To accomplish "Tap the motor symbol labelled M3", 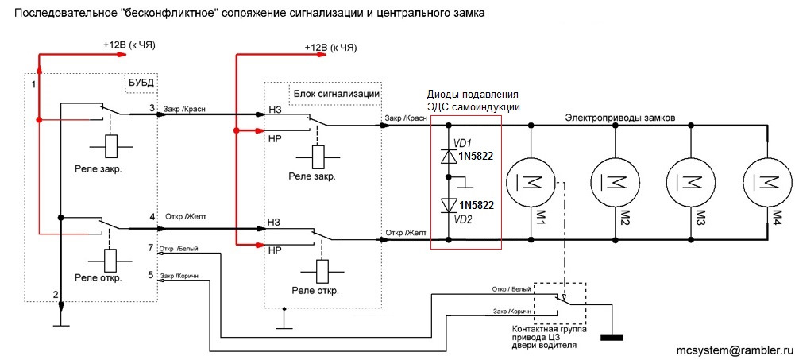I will click(x=689, y=182).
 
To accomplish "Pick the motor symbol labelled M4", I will click(x=766, y=182).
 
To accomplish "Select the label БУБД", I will click(x=141, y=82).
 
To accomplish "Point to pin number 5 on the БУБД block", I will click(x=151, y=275).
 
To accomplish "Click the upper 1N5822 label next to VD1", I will click(x=476, y=156).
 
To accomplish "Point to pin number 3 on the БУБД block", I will click(x=151, y=106).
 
